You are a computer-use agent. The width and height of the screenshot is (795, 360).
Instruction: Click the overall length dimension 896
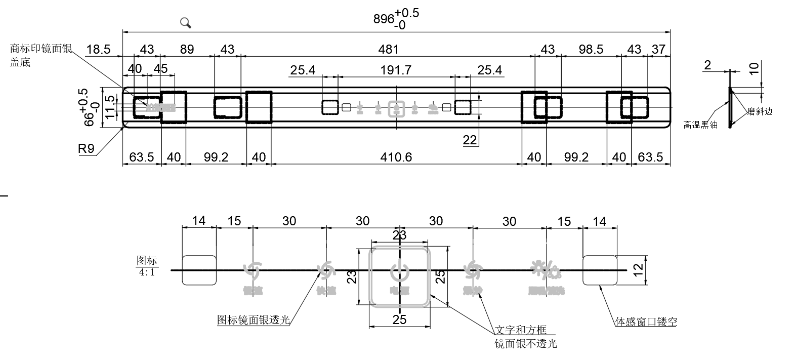[384, 19]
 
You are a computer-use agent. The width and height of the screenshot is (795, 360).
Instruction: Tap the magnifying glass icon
[186, 22]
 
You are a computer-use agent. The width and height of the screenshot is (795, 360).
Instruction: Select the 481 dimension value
[388, 49]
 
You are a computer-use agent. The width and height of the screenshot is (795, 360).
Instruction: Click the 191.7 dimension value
[396, 70]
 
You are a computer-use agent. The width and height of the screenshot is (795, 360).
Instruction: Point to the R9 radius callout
[86, 149]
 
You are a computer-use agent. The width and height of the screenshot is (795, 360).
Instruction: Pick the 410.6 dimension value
[396, 157]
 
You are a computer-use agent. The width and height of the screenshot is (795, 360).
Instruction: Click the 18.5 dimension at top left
[98, 49]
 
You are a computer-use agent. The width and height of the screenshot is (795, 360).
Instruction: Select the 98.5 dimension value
[591, 49]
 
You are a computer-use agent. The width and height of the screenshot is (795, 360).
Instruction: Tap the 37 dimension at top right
[658, 49]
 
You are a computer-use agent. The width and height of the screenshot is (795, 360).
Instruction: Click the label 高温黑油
[700, 125]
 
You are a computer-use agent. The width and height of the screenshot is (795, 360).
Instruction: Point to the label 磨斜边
[760, 111]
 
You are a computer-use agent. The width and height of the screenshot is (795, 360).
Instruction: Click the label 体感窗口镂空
[646, 322]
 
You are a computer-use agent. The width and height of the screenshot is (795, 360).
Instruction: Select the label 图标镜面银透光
[253, 320]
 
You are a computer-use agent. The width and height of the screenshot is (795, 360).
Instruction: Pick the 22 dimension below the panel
[470, 140]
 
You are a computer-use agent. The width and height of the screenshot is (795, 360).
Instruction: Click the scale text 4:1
[147, 272]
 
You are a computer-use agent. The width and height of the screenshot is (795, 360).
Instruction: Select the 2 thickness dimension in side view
[707, 65]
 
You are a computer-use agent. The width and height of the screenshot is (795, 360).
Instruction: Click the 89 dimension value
[187, 49]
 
